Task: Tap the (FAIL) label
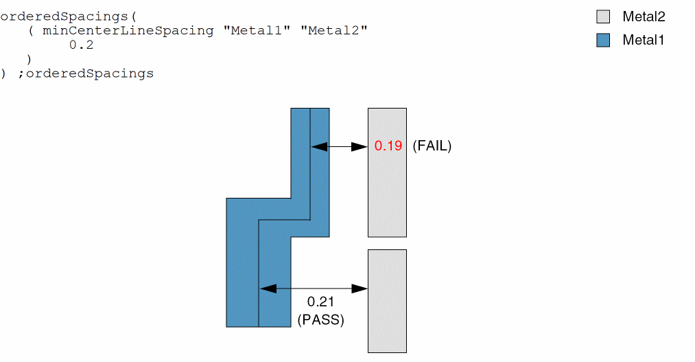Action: pyautogui.click(x=432, y=146)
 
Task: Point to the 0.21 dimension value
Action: pyautogui.click(x=320, y=302)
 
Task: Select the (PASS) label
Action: pyautogui.click(x=320, y=319)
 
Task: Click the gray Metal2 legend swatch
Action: pyautogui.click(x=603, y=17)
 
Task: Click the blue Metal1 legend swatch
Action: pyautogui.click(x=603, y=41)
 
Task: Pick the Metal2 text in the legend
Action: pyautogui.click(x=644, y=17)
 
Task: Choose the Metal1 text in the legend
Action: pyautogui.click(x=644, y=41)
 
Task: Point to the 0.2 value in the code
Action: pyautogui.click(x=81, y=45)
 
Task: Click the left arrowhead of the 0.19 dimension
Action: pyautogui.click(x=319, y=146)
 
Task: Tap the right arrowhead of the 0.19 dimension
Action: pyautogui.click(x=360, y=146)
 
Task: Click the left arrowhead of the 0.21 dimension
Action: pyautogui.click(x=268, y=289)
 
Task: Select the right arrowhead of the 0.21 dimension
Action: pyautogui.click(x=360, y=289)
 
